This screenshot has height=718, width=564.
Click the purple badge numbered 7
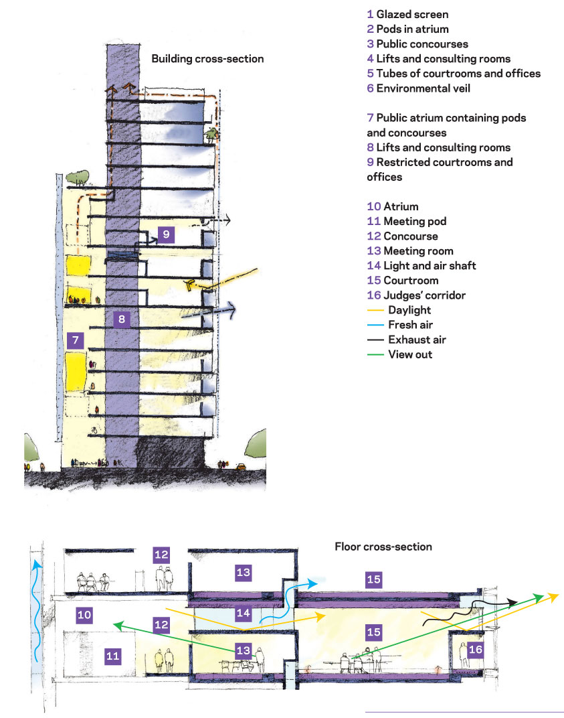[x=76, y=340]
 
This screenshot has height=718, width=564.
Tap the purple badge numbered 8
[x=122, y=319]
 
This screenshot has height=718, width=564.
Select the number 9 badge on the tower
[x=166, y=234]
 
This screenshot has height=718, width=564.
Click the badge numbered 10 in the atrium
[x=84, y=615]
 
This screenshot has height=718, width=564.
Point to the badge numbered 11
[x=112, y=656]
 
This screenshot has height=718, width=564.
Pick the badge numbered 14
[x=244, y=613]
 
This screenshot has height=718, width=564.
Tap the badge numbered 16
[x=476, y=649]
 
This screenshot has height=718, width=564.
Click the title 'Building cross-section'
[x=207, y=59]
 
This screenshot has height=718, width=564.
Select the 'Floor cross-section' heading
[x=383, y=547]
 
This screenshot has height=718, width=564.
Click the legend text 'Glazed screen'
[x=412, y=15]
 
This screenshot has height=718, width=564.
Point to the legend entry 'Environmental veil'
[x=423, y=88]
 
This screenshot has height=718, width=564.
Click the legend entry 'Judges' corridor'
[x=424, y=295]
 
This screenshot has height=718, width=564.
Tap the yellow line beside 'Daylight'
[x=375, y=311]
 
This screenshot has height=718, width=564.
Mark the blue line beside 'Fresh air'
[x=375, y=325]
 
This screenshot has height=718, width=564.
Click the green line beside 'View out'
[x=375, y=355]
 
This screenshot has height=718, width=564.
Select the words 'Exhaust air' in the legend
[x=417, y=340]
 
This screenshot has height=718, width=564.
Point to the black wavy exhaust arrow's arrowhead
[x=512, y=603]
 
